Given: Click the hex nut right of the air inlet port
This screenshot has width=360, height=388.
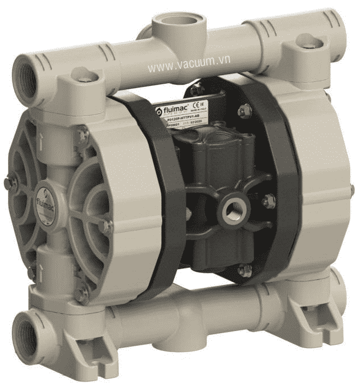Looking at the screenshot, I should coord(268,200).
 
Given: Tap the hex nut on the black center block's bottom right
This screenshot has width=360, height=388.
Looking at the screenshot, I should coord(245,271).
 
